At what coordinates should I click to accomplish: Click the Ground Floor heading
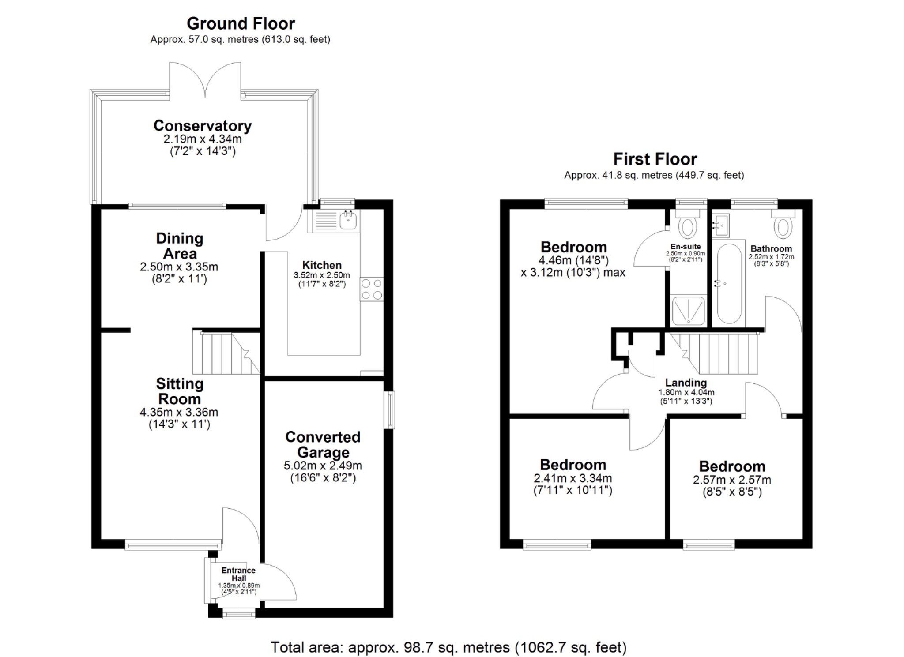pos(241,23)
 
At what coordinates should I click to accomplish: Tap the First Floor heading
pos(655,159)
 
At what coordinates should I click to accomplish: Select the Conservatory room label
pos(202,126)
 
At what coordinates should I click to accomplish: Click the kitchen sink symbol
pos(348,220)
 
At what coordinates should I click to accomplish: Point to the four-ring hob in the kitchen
pos(372,289)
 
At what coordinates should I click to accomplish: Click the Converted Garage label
pos(323,444)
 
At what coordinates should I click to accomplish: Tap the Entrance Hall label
pos(238,574)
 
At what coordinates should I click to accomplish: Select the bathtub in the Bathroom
pos(729,284)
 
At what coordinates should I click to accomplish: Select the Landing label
pos(686,383)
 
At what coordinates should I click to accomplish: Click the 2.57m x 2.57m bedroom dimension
pos(732,480)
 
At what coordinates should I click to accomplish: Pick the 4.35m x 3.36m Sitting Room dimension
pos(179,412)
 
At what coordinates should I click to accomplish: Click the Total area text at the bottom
pos(448,647)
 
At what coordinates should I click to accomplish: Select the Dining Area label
pos(179,246)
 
